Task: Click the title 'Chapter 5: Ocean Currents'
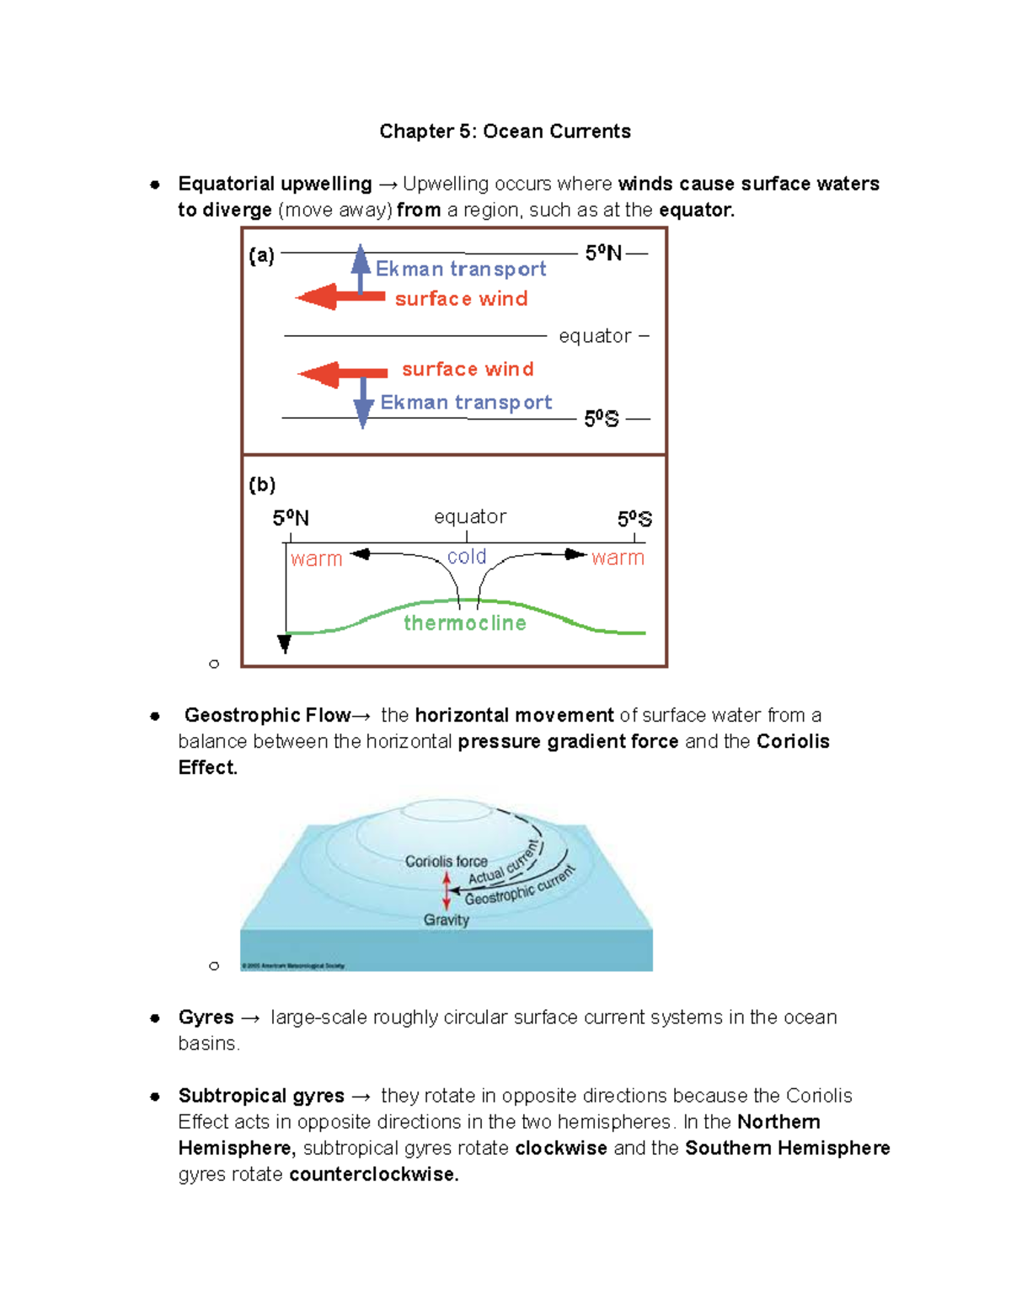tap(505, 131)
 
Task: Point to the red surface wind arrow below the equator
tap(341, 374)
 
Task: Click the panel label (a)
tap(261, 255)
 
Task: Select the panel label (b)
tap(262, 484)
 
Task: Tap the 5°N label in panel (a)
tap(603, 253)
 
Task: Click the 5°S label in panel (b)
tap(634, 519)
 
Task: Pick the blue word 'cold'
tap(467, 557)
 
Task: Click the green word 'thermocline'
tap(464, 623)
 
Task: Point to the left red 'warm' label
tap(316, 559)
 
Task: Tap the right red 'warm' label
tap(618, 558)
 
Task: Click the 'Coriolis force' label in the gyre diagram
tap(446, 862)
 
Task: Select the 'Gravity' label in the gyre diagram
tap(446, 920)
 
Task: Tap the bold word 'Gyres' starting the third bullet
tap(206, 1017)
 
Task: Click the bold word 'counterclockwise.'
tap(373, 1174)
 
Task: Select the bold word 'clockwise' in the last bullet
tap(560, 1148)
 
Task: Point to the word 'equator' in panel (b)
tap(470, 516)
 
